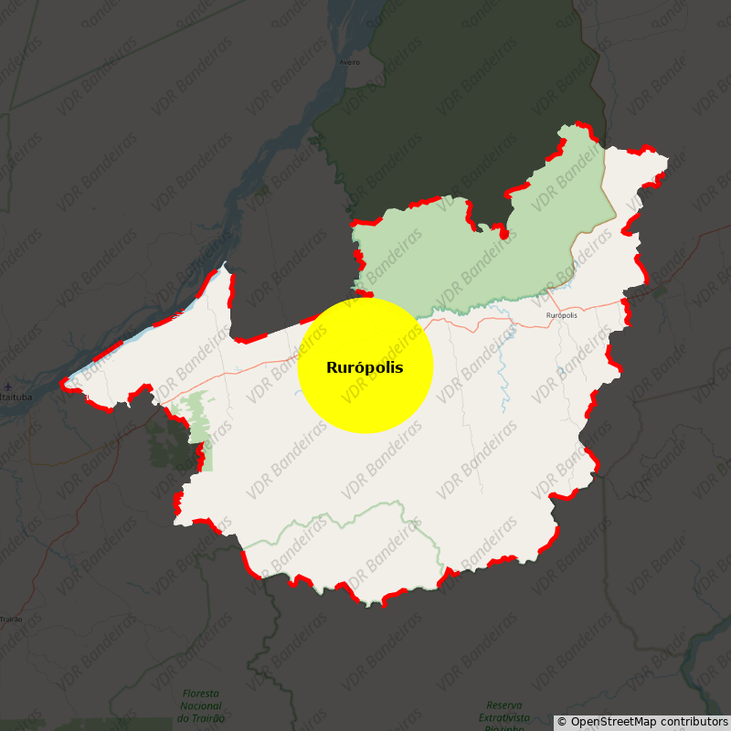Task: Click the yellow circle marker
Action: [x=365, y=365]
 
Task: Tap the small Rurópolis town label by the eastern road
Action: [x=561, y=315]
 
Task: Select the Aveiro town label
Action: [x=349, y=62]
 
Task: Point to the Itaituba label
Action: [x=16, y=397]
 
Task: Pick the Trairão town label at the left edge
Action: [x=11, y=620]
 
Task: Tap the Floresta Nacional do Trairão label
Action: [x=201, y=705]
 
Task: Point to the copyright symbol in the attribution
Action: [x=562, y=722]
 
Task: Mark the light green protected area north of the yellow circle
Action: [x=457, y=256]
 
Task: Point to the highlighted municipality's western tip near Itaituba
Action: [x=64, y=384]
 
